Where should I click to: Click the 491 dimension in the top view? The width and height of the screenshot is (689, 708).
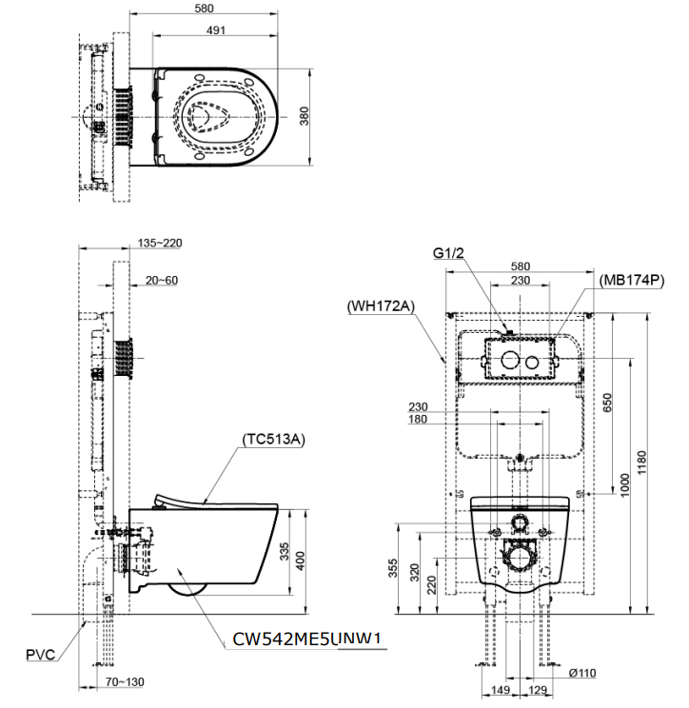click(x=215, y=29)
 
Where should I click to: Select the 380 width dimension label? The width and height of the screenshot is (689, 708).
click(x=304, y=116)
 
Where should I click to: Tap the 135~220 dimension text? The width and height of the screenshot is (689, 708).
click(x=160, y=243)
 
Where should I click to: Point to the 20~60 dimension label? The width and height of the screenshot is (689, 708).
click(x=162, y=281)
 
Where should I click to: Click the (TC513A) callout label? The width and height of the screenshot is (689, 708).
click(x=274, y=439)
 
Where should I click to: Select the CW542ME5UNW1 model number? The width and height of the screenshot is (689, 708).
click(x=306, y=639)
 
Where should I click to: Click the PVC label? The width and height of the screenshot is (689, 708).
click(x=41, y=655)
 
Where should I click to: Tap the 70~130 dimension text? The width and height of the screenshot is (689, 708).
click(x=125, y=681)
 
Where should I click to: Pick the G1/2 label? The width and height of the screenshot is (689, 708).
click(x=448, y=253)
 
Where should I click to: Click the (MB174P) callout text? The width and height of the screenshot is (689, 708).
click(x=632, y=281)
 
